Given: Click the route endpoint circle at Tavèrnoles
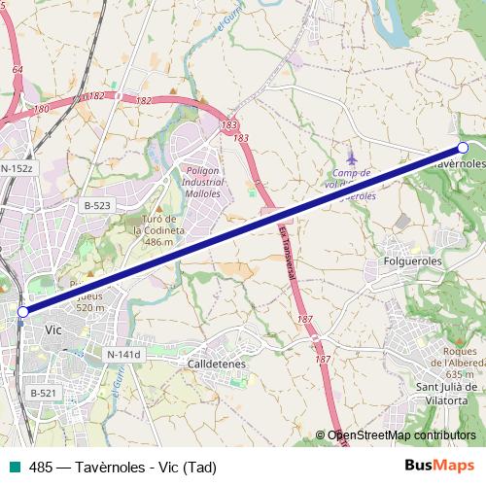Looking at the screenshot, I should pyautogui.click(x=463, y=148).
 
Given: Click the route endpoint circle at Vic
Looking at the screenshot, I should pyautogui.click(x=23, y=311).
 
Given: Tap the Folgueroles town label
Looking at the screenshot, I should pyautogui.click(x=413, y=261).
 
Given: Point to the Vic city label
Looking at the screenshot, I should pyautogui.click(x=54, y=330).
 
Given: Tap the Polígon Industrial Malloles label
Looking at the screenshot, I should pyautogui.click(x=203, y=182).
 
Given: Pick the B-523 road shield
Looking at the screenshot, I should pyautogui.click(x=97, y=205).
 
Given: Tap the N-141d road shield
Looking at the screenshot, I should pyautogui.click(x=124, y=355).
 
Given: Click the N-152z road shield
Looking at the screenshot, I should pyautogui.click(x=17, y=168).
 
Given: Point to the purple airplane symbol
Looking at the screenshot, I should pyautogui.click(x=352, y=156).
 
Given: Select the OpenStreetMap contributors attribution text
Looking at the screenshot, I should pyautogui.click(x=401, y=435).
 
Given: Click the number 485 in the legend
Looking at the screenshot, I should pyautogui.click(x=41, y=467).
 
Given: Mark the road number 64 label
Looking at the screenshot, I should pyautogui.click(x=17, y=70).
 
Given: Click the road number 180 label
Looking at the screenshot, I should pyautogui.click(x=41, y=110).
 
